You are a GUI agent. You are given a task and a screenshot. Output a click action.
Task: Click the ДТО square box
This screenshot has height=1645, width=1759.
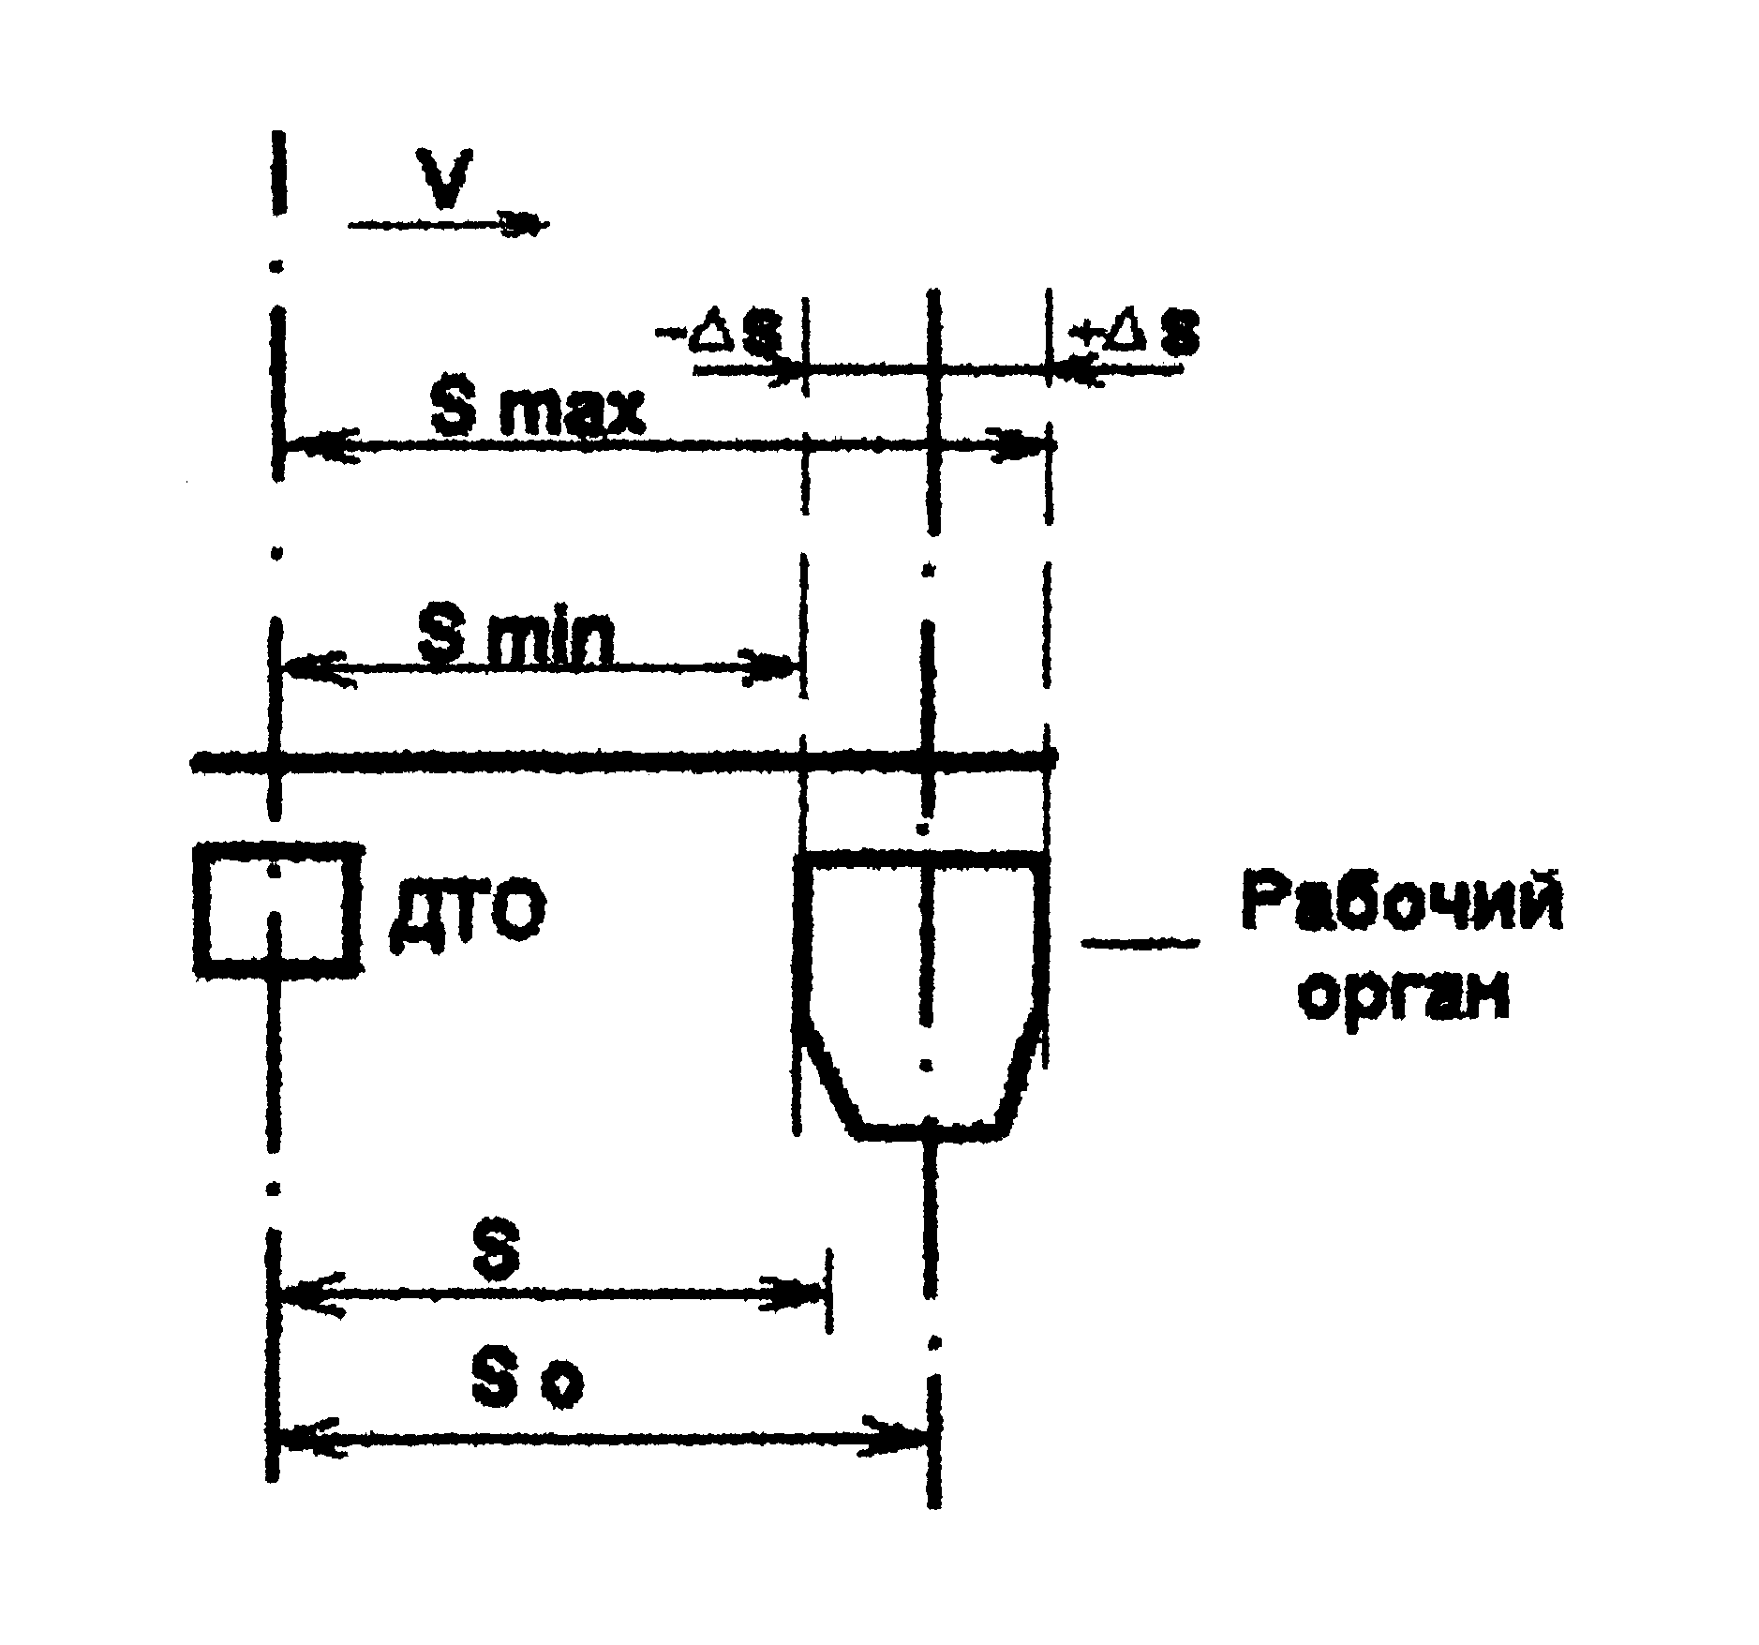pos(276,910)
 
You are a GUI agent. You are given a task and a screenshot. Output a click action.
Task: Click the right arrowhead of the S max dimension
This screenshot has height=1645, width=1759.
pos(1021,444)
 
